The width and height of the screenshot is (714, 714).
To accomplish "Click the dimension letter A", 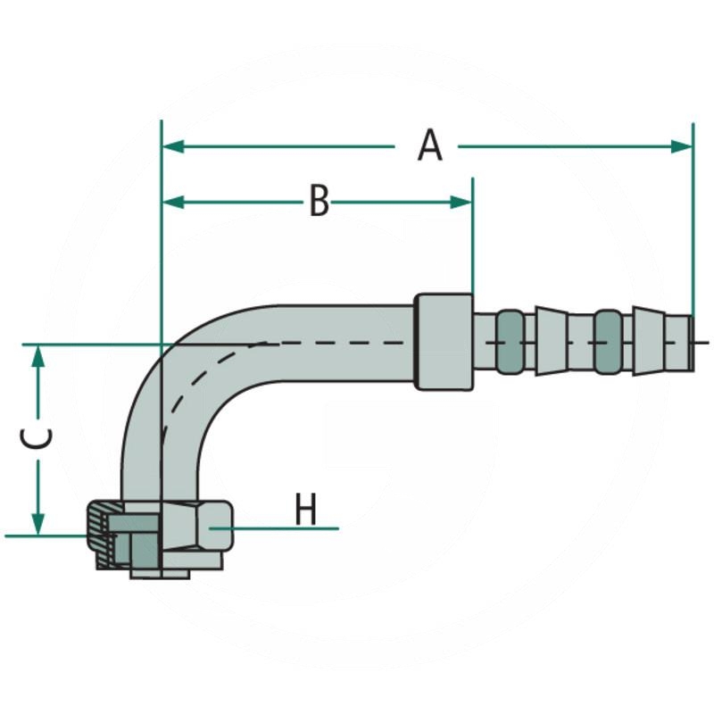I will tap(429, 145).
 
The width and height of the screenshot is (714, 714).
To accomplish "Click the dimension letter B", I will tap(319, 202).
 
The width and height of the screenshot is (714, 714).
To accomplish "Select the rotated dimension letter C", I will tap(37, 438).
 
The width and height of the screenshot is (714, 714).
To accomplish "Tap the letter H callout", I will tap(306, 511).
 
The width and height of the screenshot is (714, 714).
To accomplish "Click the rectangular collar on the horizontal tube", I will tap(444, 341).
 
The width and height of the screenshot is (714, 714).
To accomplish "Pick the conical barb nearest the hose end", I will tap(649, 342).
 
